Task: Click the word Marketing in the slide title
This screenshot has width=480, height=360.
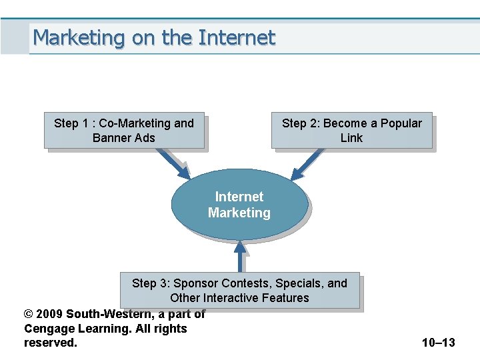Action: point(79,37)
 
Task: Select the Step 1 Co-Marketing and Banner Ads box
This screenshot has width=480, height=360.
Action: point(124,130)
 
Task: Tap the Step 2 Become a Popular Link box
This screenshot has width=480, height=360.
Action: point(351,130)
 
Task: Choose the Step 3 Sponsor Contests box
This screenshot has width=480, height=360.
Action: point(239,290)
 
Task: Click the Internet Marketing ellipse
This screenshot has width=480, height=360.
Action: point(239,204)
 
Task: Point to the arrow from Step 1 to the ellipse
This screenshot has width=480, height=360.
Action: point(174,164)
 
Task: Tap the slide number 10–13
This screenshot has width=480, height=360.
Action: point(438,343)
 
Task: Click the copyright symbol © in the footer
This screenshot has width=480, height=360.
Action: point(28,313)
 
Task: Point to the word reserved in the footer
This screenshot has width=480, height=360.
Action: point(50,343)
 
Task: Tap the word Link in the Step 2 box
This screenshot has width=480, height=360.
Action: point(351,138)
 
